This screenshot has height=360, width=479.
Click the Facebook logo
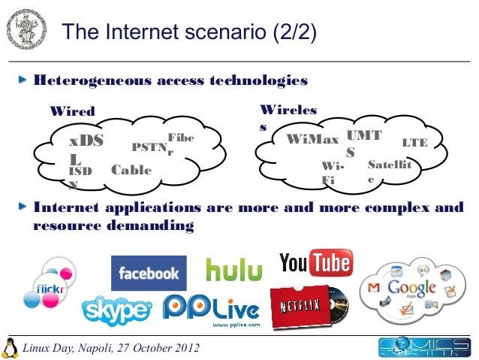pos(148,273)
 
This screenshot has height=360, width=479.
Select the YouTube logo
pos(315,263)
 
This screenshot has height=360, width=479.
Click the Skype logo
pos(116,310)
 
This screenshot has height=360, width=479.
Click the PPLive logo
pos(211,308)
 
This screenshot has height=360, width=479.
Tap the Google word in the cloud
pos(411,288)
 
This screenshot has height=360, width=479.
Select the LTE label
pos(414,141)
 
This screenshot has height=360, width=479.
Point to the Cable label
pos(131,170)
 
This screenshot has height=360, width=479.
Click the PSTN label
pos(148,147)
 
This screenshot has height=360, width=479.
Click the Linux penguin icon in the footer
pos(11,347)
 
